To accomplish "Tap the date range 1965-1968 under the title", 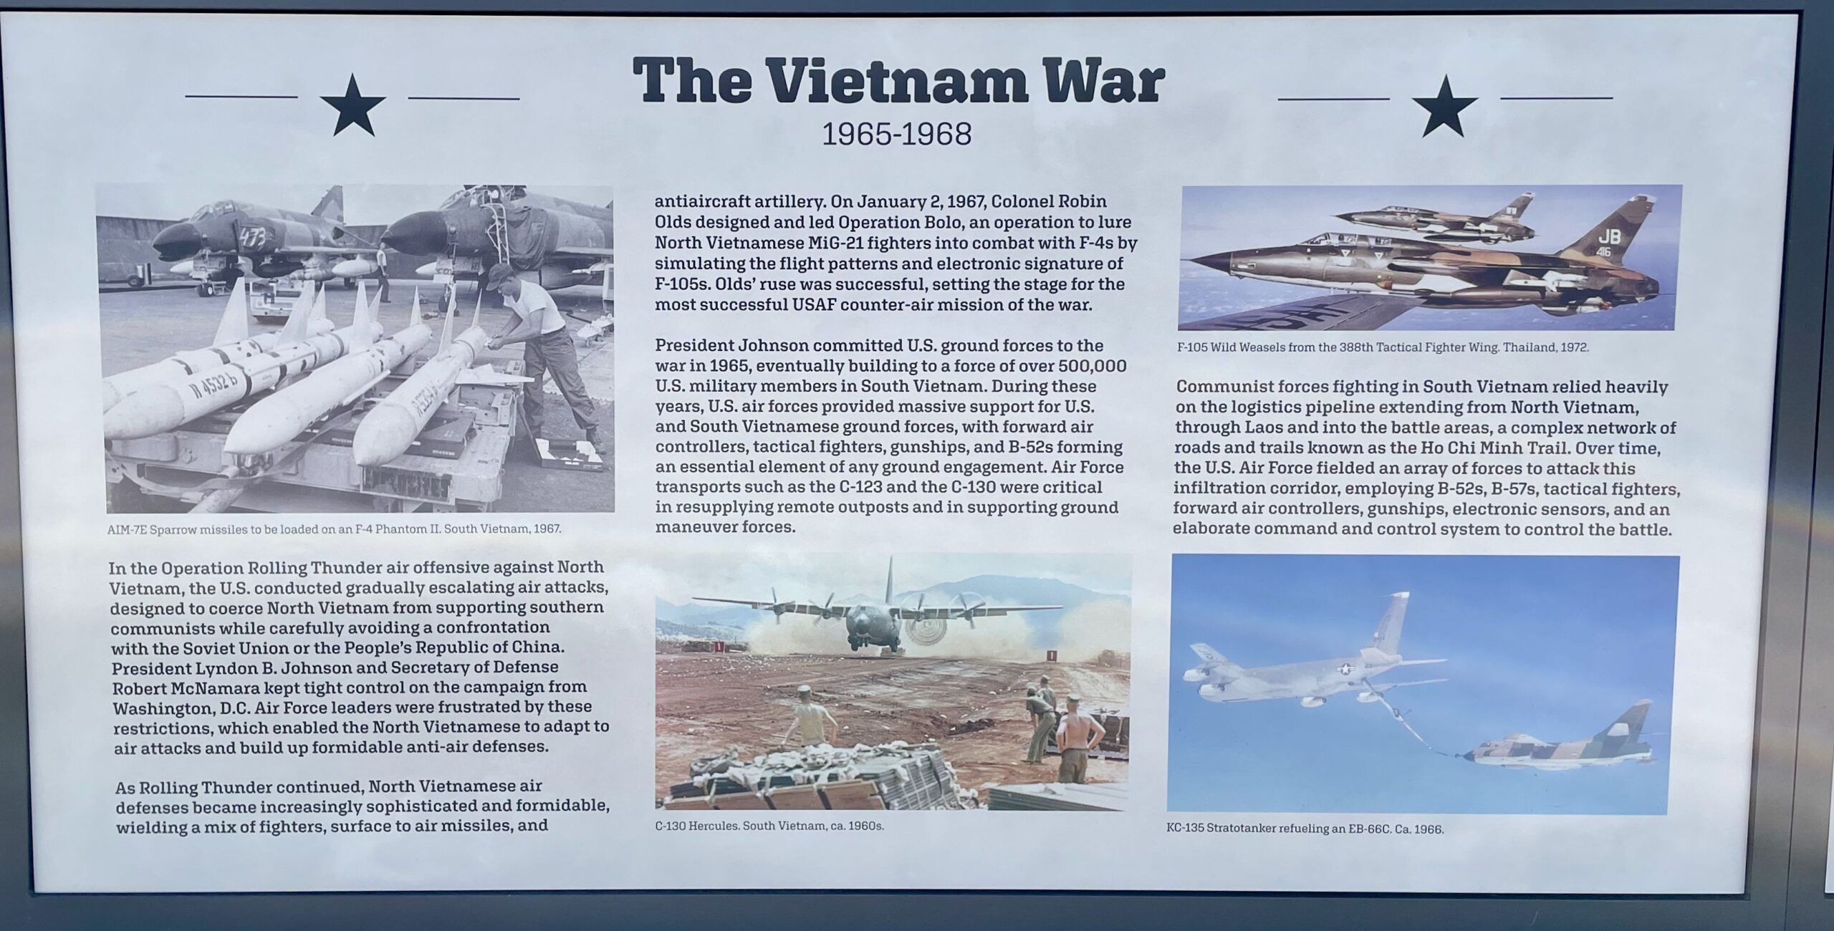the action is tap(896, 134).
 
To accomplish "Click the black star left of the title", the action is tap(352, 106).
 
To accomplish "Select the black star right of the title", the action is tap(1445, 106).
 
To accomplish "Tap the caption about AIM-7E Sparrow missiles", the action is tap(334, 530).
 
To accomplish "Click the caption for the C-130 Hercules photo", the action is tap(769, 826).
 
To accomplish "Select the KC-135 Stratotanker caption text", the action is tap(1305, 829).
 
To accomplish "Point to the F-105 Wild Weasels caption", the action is tap(1383, 347).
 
